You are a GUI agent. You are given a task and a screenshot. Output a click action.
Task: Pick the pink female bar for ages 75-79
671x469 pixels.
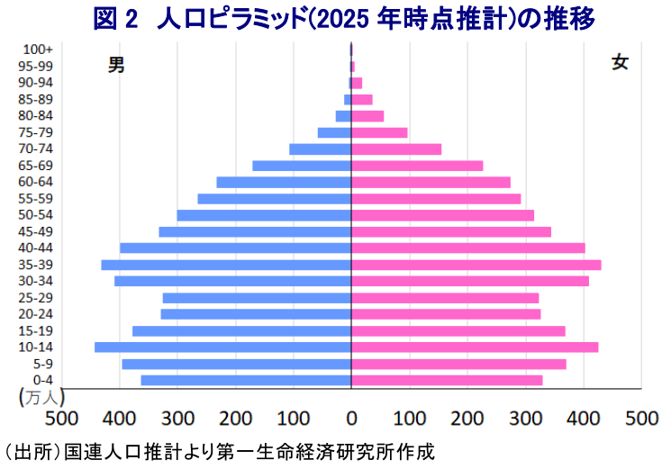[379, 132]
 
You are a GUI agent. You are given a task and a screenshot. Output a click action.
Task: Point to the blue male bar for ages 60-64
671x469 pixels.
[284, 182]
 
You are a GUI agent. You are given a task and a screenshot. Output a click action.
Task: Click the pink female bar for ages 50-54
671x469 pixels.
[442, 215]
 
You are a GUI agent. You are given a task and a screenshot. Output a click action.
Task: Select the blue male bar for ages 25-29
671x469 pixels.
[257, 298]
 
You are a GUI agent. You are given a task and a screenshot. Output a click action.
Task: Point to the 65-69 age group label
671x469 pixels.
[36, 165]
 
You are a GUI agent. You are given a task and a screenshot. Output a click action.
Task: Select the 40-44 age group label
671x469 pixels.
[36, 248]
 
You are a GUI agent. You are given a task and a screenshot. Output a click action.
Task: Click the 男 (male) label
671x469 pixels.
[116, 64]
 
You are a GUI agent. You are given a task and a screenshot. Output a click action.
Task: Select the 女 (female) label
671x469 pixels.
[620, 62]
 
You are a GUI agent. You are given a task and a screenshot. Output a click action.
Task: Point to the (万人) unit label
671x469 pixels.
[38, 396]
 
